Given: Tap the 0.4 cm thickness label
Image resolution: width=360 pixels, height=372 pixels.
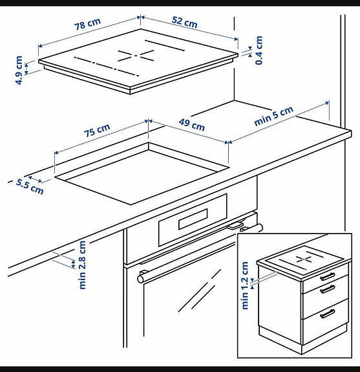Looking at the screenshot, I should [259, 50].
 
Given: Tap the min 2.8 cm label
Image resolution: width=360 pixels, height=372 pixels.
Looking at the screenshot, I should [82, 265].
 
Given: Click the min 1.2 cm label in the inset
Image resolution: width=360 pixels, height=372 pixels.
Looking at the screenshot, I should [245, 285].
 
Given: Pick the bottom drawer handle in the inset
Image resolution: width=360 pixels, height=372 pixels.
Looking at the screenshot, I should [328, 314].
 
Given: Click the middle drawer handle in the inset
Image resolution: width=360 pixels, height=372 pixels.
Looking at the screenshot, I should [328, 289].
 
